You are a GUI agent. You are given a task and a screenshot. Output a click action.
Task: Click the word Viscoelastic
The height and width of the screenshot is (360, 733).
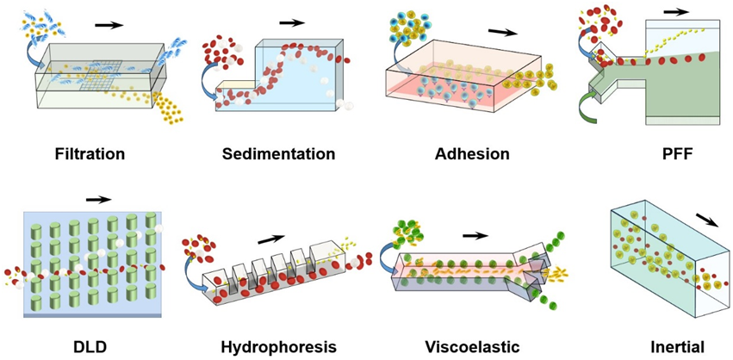(x=473, y=347)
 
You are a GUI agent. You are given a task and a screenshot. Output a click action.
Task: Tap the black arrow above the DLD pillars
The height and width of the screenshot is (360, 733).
(x=99, y=199)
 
